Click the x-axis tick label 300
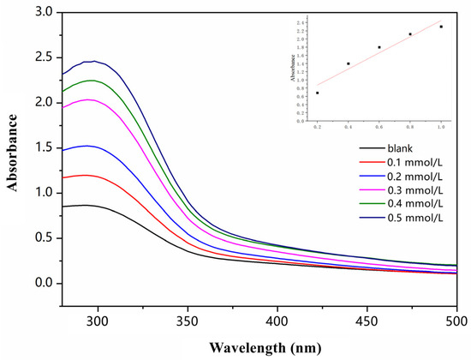(98, 319)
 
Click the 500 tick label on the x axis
(453, 319)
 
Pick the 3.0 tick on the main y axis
(43, 11)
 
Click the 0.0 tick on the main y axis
(43, 283)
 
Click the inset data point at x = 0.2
(318, 93)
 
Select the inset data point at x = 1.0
(441, 27)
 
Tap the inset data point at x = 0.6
(379, 47)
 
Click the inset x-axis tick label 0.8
(410, 127)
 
